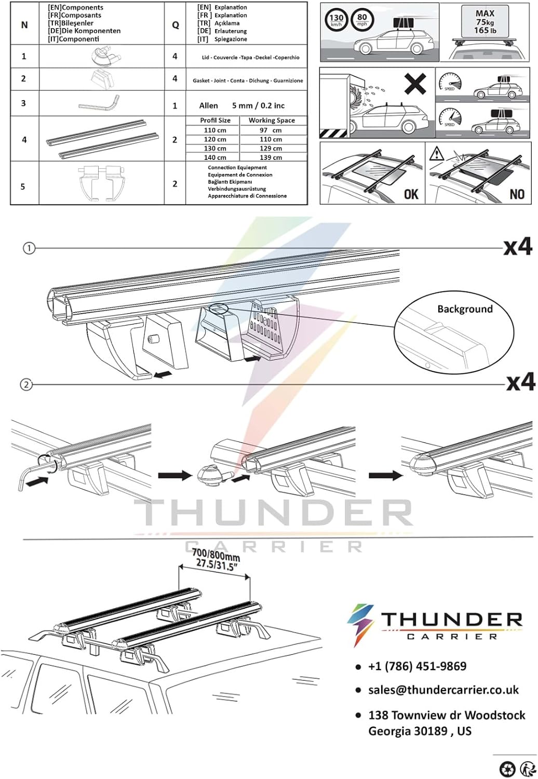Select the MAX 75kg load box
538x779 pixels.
click(485, 22)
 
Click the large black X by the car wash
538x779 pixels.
click(415, 84)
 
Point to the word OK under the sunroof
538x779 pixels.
click(411, 194)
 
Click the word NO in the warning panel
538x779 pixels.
click(517, 194)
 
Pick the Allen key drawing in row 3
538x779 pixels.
click(99, 102)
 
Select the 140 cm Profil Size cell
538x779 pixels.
click(215, 157)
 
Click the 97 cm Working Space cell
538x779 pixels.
click(271, 130)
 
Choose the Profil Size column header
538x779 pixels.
click(215, 120)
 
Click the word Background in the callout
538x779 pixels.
click(465, 309)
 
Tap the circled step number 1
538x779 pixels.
click(29, 248)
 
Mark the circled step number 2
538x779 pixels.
click(26, 385)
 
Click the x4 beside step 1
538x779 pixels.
click(518, 248)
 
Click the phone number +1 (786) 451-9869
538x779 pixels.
click(418, 666)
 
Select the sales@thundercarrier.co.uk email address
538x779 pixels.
click(443, 690)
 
